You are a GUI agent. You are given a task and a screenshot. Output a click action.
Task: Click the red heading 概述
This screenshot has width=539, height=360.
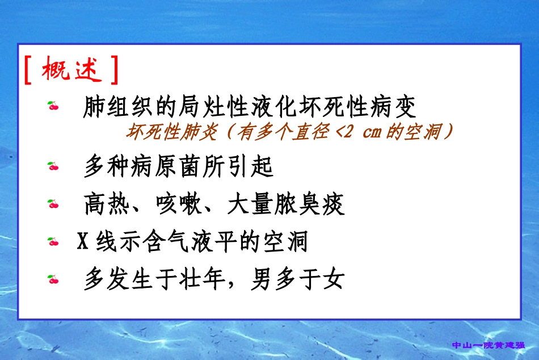pos(71,69)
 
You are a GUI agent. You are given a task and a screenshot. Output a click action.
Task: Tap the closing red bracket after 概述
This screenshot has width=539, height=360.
pos(115,70)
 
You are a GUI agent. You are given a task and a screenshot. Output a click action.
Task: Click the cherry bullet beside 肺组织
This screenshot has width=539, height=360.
pos(53,106)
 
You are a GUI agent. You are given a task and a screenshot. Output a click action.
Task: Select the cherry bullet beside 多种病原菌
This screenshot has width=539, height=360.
pos(53,166)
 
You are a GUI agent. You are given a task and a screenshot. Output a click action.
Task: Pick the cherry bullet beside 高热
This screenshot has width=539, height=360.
pos(53,204)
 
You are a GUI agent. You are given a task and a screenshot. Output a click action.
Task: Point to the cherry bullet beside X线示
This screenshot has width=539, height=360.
pos(53,242)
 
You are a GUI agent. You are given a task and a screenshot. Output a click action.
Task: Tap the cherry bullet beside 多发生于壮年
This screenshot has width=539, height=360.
pos(53,279)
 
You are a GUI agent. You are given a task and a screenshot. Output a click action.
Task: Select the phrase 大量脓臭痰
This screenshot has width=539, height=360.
pos(286,205)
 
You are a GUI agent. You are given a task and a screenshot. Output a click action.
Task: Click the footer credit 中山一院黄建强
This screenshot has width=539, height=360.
pos(489,345)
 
